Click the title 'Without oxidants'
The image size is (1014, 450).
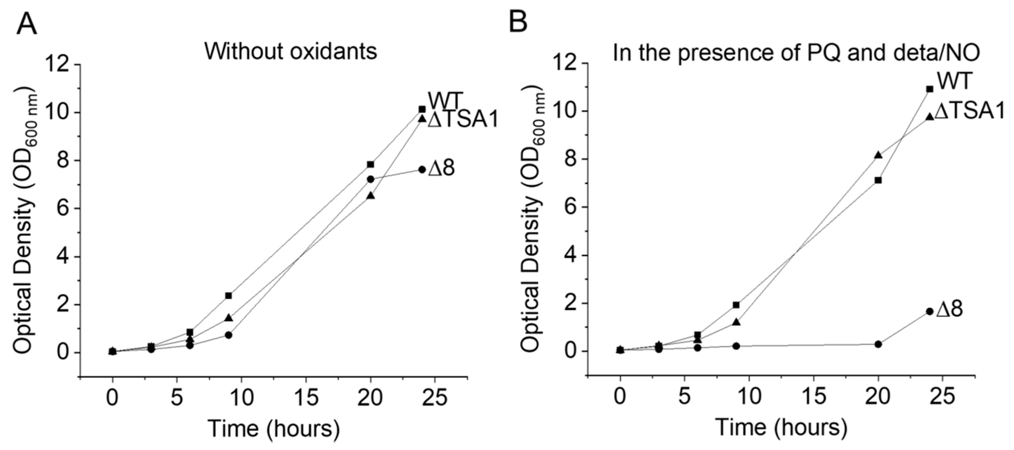[x=291, y=51]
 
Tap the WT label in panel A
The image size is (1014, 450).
[x=444, y=101]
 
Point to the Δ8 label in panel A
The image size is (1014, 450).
[x=441, y=168]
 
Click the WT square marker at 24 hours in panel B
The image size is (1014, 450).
[x=930, y=89]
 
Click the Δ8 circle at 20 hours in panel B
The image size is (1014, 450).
[x=878, y=344]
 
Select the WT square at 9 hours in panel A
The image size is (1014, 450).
[x=228, y=296]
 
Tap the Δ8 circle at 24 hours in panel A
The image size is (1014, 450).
[x=422, y=170]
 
